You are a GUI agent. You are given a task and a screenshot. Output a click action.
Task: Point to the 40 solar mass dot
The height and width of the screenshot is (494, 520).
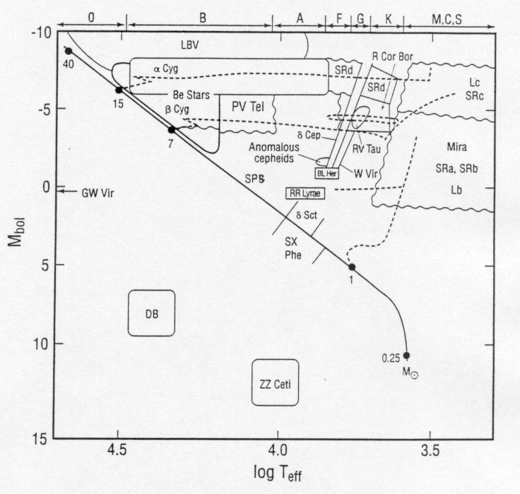pyautogui.click(x=69, y=51)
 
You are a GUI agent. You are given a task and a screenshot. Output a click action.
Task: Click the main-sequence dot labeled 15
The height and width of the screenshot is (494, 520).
pyautogui.click(x=119, y=90)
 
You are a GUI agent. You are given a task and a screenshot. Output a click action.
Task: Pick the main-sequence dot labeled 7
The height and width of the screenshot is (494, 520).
pyautogui.click(x=172, y=130)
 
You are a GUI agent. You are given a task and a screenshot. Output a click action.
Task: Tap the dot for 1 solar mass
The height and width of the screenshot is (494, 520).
pyautogui.click(x=352, y=267)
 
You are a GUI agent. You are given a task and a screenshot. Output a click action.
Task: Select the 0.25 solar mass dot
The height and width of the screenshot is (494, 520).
pyautogui.click(x=406, y=355)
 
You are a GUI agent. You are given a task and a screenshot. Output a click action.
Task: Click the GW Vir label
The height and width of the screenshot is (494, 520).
pyautogui.click(x=97, y=193)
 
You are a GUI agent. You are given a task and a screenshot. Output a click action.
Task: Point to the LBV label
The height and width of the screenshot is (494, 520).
pyautogui.click(x=189, y=45)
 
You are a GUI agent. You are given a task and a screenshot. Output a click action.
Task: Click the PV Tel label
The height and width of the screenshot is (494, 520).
pyautogui.click(x=248, y=107)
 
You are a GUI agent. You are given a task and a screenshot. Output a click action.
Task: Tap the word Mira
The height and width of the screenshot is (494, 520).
pyautogui.click(x=456, y=146)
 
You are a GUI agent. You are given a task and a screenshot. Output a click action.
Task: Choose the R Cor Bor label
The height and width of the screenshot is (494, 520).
pyautogui.click(x=392, y=57)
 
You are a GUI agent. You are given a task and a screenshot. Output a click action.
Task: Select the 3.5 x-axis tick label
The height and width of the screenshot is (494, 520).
pyautogui.click(x=430, y=451)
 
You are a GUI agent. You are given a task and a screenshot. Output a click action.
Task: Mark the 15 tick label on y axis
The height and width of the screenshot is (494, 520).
pyautogui.click(x=40, y=440)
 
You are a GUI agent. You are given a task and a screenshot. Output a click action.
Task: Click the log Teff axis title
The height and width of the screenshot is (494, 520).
pyautogui.click(x=278, y=473)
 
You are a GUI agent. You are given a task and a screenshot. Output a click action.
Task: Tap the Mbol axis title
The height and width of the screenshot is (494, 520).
pyautogui.click(x=16, y=231)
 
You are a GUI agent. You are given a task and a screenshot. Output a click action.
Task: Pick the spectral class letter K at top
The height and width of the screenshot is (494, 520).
pyautogui.click(x=389, y=19)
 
